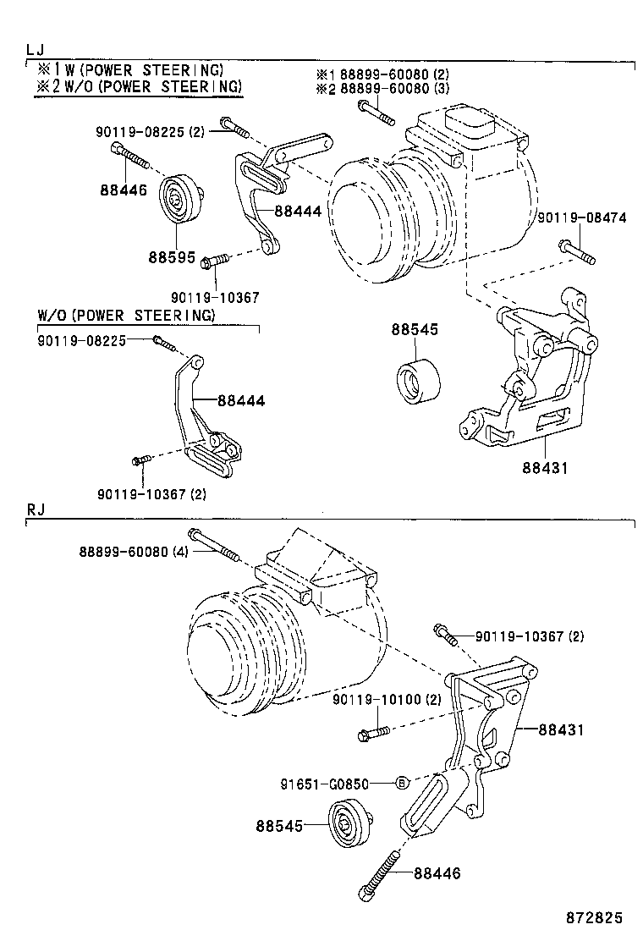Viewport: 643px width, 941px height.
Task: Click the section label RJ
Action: click(36, 509)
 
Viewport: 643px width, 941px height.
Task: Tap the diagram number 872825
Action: click(594, 917)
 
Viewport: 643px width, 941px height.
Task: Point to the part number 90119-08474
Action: click(581, 217)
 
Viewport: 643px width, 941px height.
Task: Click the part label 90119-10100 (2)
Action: click(387, 699)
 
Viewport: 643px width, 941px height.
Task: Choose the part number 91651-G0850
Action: click(325, 784)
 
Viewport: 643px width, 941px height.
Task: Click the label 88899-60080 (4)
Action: click(135, 551)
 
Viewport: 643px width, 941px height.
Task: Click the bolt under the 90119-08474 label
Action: click(575, 250)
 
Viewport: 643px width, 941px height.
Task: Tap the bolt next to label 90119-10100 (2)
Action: click(373, 732)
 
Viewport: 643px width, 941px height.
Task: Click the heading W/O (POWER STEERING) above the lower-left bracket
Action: click(126, 316)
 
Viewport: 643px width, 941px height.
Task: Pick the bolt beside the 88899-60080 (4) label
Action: click(214, 546)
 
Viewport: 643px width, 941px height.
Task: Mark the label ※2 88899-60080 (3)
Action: click(382, 88)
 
